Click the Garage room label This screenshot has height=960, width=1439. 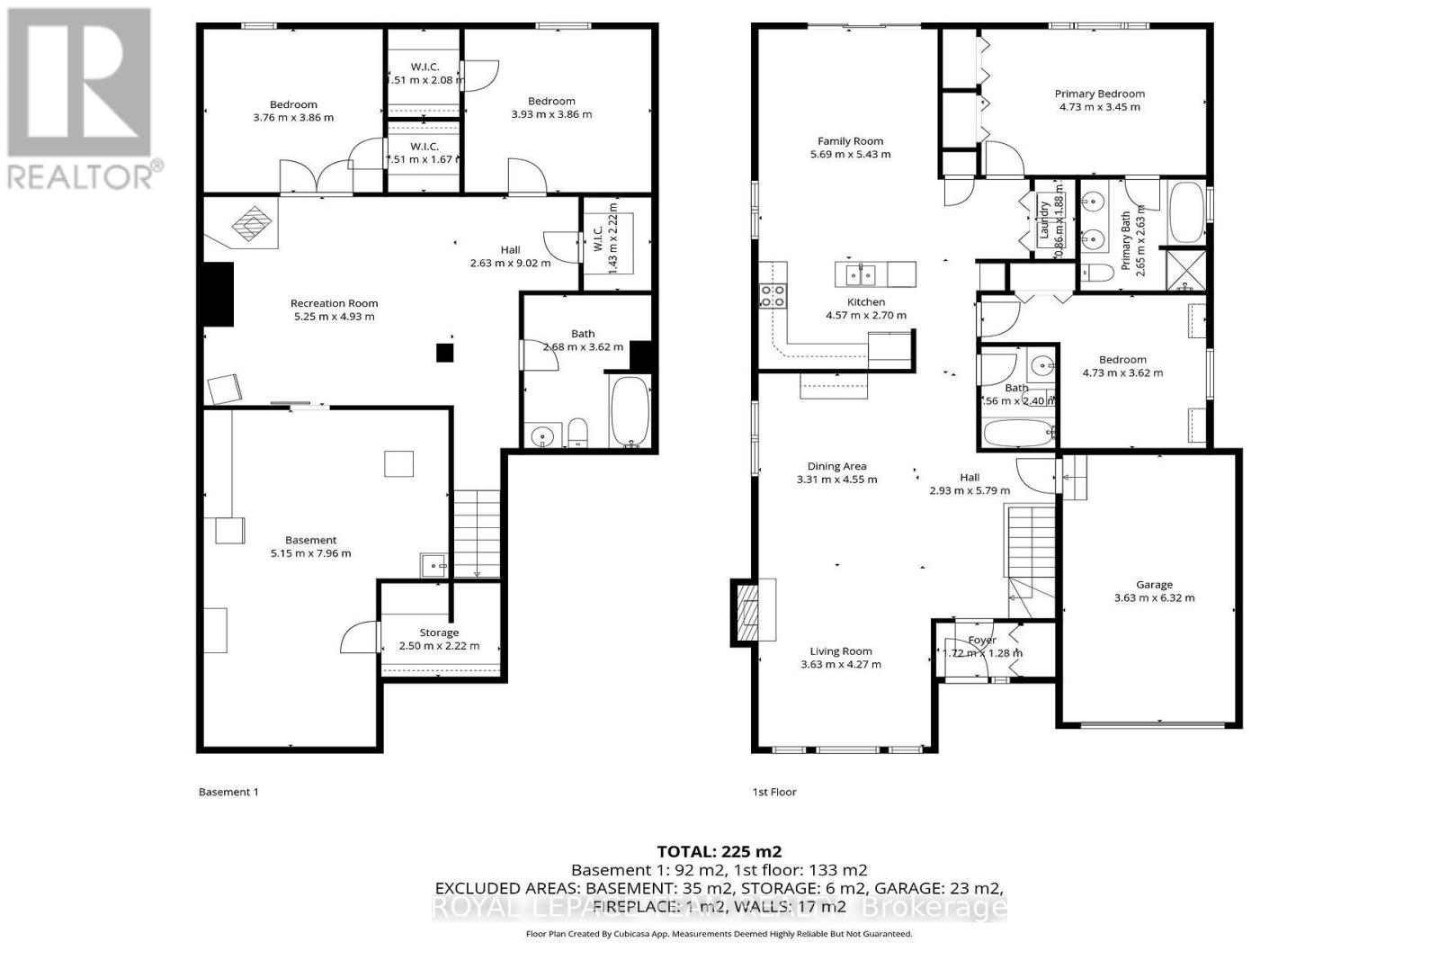pyautogui.click(x=1154, y=585)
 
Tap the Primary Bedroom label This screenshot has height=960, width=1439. pyautogui.click(x=1099, y=94)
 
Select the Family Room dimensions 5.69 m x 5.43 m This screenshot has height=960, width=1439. pyautogui.click(x=850, y=155)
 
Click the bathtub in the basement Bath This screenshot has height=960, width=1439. pyautogui.click(x=630, y=412)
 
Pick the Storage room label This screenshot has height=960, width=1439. pyautogui.click(x=439, y=633)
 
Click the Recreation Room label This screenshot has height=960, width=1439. pyautogui.click(x=334, y=303)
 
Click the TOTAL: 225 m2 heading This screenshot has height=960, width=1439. pyautogui.click(x=719, y=851)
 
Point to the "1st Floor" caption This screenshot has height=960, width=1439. pyautogui.click(x=774, y=792)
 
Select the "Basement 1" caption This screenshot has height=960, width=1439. pyautogui.click(x=228, y=792)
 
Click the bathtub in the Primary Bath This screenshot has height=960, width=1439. pyautogui.click(x=1186, y=213)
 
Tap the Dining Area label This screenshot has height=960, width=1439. pyautogui.click(x=836, y=466)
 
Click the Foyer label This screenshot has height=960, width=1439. pyautogui.click(x=982, y=641)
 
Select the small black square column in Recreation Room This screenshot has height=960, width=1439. pyautogui.click(x=445, y=353)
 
